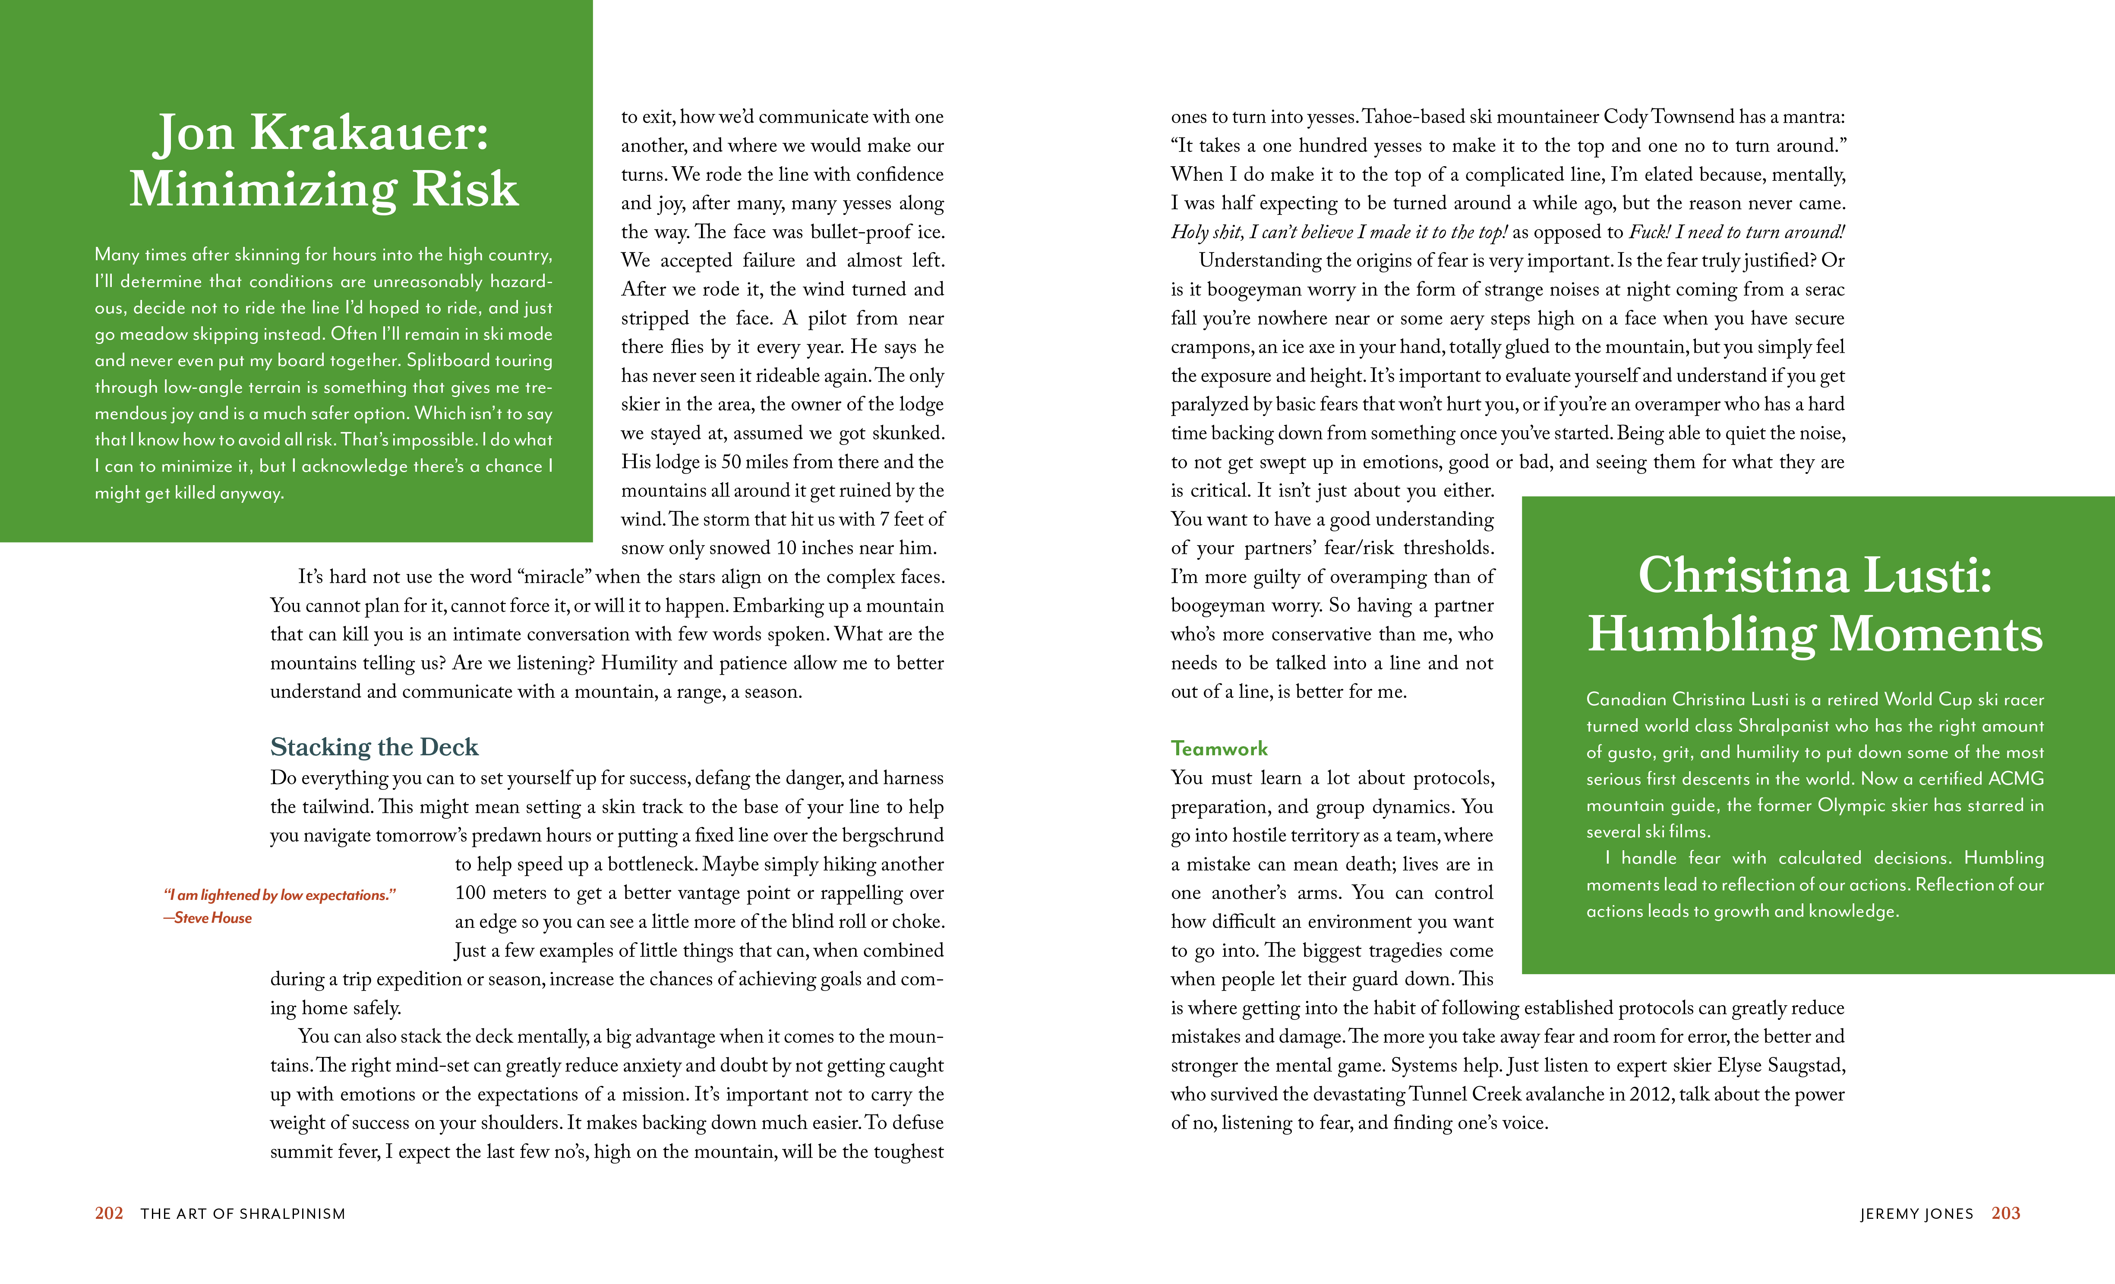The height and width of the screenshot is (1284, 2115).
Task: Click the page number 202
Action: pos(109,1213)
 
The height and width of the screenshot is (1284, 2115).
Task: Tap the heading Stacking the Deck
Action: pos(374,747)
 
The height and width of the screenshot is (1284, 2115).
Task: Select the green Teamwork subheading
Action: pos(1219,748)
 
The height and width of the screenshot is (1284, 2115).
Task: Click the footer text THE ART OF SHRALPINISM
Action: pos(243,1214)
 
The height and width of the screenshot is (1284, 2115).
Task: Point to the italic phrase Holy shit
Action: pos(1207,232)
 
